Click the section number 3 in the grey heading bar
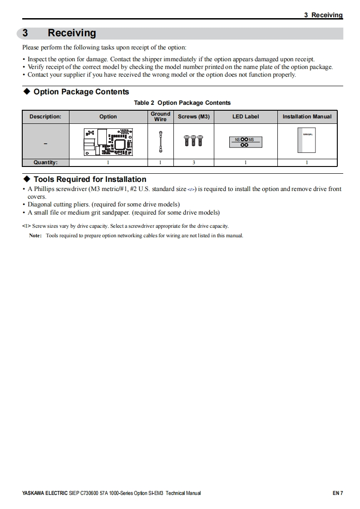[x=25, y=33]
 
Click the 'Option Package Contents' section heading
[x=81, y=92]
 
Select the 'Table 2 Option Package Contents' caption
[x=182, y=103]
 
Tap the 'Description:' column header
[x=45, y=117]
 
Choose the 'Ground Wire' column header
[x=160, y=117]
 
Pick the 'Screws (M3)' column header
[x=194, y=117]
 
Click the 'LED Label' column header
[x=246, y=117]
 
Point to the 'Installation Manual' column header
[x=307, y=117]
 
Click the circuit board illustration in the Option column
[x=108, y=141]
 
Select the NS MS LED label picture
[x=245, y=142]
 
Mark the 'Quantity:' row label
[x=45, y=162]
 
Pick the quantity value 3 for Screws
[x=194, y=162]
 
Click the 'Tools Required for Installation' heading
[x=90, y=179]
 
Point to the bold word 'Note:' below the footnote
[x=35, y=235]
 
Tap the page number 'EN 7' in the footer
[x=337, y=493]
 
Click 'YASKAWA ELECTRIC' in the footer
[x=44, y=493]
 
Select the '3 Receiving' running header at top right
[x=323, y=15]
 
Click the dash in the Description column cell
[x=45, y=144]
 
